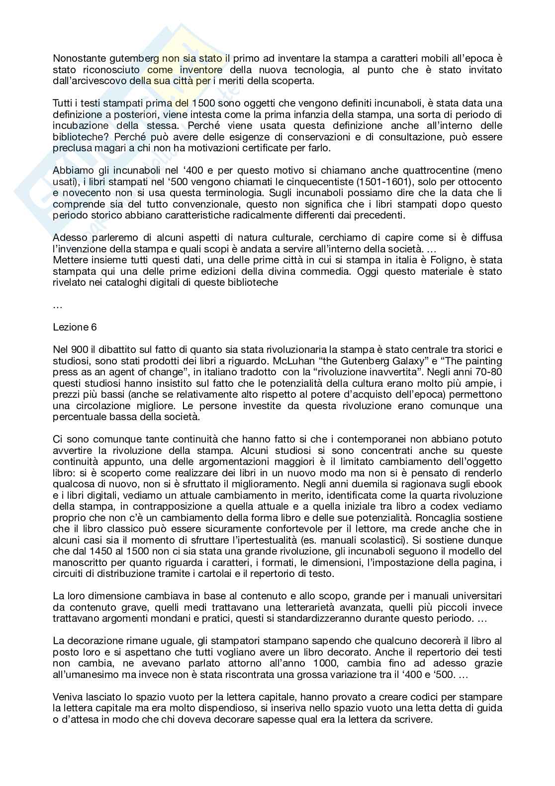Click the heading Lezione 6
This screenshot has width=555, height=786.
click(75, 327)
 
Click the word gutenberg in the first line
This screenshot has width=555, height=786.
click(134, 58)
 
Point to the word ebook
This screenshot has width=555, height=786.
click(484, 484)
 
